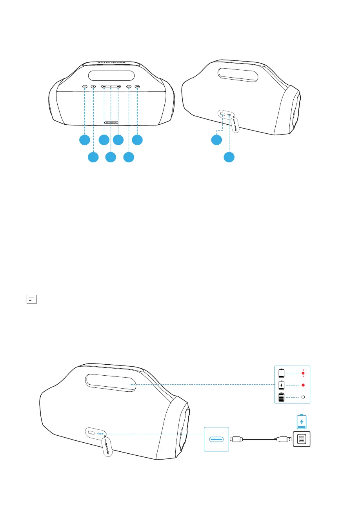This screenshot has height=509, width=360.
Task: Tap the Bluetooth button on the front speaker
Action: pos(93,87)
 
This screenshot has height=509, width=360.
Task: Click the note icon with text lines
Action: pos(31,300)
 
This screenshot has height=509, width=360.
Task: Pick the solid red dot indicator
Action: pos(303,385)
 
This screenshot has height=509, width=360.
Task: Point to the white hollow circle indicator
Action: pos(303,397)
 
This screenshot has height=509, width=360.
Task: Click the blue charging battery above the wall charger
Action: pos(301,422)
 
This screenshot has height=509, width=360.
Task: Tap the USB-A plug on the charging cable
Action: pos(284,440)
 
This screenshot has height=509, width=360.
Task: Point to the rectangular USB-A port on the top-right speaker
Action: pos(222,115)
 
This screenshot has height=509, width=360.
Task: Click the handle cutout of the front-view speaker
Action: pos(111,76)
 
